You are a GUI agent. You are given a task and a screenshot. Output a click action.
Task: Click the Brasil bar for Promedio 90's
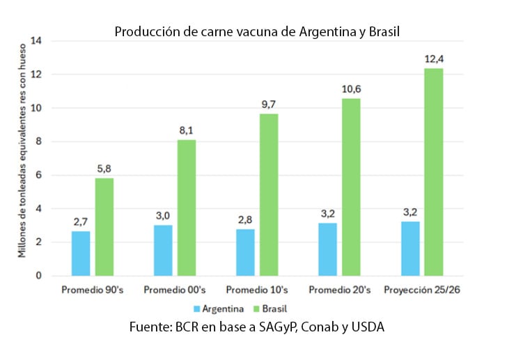pos(104,227)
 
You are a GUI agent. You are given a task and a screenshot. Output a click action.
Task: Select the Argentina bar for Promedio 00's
pos(163,250)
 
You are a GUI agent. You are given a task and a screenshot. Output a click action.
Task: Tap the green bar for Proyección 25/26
pos(434,172)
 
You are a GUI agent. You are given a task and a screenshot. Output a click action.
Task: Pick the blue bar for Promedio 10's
pos(244,252)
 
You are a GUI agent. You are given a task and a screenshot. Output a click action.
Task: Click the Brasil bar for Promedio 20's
pos(352,187)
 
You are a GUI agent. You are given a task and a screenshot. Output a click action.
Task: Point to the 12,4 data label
pos(435,59)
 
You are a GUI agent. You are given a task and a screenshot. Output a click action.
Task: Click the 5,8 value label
pos(104,169)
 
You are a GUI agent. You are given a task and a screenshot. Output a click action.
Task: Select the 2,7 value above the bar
pos(81,221)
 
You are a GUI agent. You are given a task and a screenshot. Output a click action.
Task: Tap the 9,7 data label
pos(270,104)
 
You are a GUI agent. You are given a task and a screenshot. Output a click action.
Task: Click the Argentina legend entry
pos(219,307)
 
